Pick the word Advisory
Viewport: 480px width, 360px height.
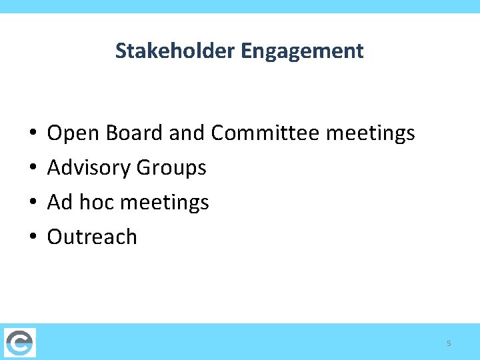(x=89, y=168)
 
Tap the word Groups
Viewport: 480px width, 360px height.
(x=171, y=168)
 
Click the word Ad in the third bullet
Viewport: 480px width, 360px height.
(x=60, y=202)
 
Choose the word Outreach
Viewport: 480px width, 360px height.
(x=92, y=237)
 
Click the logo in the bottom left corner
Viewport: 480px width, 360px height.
(x=19, y=342)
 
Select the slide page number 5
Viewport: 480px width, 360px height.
(x=449, y=343)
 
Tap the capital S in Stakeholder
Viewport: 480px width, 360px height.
(x=121, y=51)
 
